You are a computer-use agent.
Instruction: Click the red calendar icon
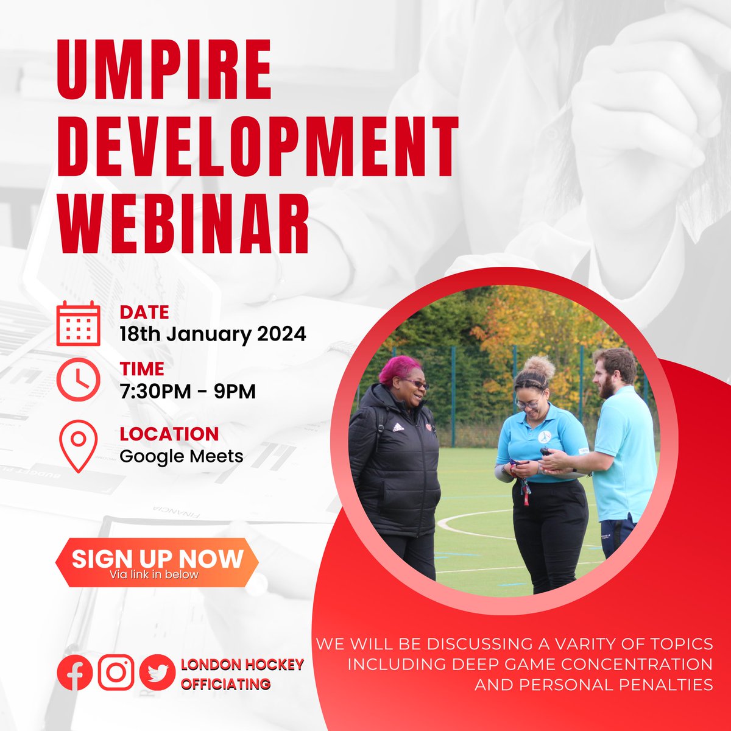click(x=78, y=323)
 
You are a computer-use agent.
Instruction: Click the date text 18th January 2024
click(x=213, y=334)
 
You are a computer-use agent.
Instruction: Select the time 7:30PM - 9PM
click(x=188, y=391)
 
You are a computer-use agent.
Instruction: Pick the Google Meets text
click(x=182, y=456)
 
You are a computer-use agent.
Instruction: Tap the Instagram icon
click(x=116, y=673)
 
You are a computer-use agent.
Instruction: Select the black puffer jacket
click(x=394, y=463)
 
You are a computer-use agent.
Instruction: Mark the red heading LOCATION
click(x=169, y=434)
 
